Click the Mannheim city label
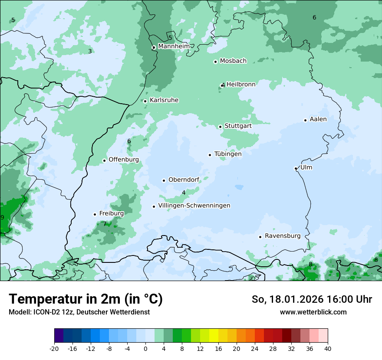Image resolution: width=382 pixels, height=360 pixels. pos(173,46)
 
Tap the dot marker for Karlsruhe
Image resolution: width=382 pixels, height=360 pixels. pos(145,101)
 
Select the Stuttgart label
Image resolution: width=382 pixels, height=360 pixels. pos(238,126)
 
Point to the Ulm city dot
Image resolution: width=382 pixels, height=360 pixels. pos(296,168)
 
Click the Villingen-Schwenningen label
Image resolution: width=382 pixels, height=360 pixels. pos(194,206)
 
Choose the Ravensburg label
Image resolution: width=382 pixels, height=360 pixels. pos(282,236)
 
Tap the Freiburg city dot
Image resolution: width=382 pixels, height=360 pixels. pos(95,214)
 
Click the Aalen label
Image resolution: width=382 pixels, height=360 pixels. pos(318,119)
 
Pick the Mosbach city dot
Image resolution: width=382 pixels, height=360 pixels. pos(215,62)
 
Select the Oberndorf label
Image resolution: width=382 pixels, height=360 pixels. pos(184,180)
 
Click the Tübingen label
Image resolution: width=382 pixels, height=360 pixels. pos(228,154)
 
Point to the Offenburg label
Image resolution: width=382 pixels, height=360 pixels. pos(124,160)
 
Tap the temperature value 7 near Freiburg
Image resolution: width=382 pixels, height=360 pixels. pos(105,224)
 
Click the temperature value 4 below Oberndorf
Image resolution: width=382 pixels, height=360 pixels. pos(184,193)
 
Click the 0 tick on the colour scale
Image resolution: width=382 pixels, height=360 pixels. pos(145,349)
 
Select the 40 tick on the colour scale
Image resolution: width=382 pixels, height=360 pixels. pos(327,349)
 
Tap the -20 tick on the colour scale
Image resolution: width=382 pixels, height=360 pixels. pos(54,349)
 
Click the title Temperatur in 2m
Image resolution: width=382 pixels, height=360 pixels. pos(86,299)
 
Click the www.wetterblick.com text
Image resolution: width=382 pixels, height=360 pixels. pos(313,312)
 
